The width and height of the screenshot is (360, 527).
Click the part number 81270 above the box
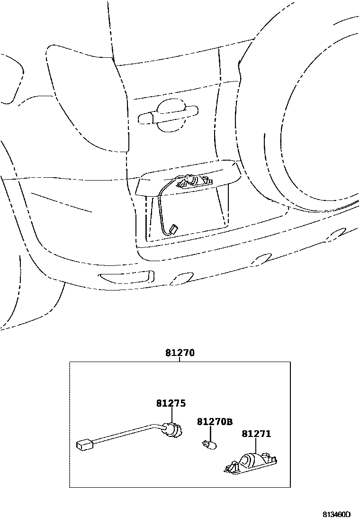(180, 353)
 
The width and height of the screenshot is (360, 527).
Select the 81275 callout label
(171, 403)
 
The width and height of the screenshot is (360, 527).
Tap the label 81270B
(215, 421)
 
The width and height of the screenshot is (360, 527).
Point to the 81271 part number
(256, 433)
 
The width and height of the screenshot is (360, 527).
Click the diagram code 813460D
(337, 515)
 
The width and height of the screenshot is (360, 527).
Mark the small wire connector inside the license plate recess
(173, 229)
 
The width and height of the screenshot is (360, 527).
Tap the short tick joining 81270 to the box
(180, 360)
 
